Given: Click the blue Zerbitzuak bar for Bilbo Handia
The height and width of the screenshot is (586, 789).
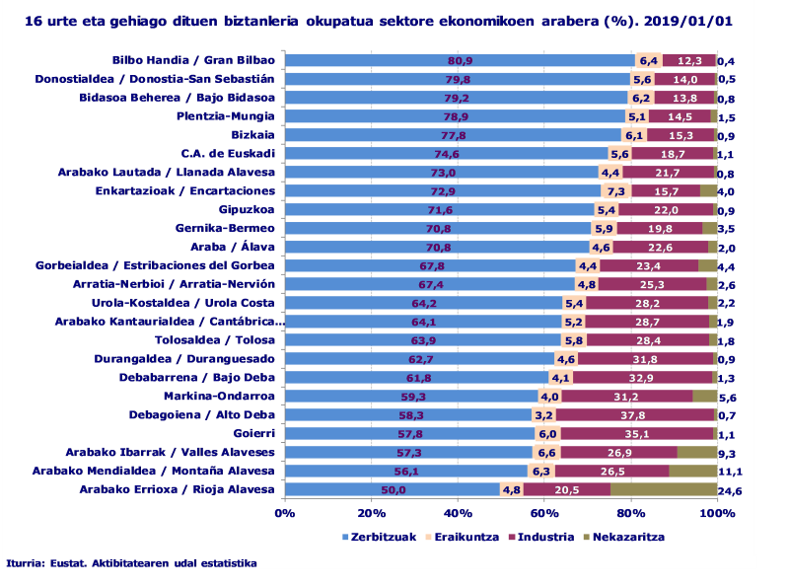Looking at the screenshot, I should click(394, 61).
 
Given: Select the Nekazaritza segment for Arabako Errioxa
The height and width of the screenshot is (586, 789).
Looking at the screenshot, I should click(663, 490).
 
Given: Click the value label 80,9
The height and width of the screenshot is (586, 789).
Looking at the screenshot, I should click(460, 61).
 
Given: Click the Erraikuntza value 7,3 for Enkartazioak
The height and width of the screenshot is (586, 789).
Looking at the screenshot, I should click(616, 190).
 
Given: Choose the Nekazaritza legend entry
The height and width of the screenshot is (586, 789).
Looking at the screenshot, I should click(624, 538).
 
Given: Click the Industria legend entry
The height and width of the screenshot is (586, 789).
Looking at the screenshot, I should click(539, 538).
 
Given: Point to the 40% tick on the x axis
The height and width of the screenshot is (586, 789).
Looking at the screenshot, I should click(457, 513).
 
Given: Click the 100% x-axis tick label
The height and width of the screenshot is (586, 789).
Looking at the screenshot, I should click(716, 513).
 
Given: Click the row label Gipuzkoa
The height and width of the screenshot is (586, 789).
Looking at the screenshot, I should click(247, 209).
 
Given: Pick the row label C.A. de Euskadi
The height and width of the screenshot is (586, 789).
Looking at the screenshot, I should click(228, 153).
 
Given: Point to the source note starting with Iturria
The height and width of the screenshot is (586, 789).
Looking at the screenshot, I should click(131, 563).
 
